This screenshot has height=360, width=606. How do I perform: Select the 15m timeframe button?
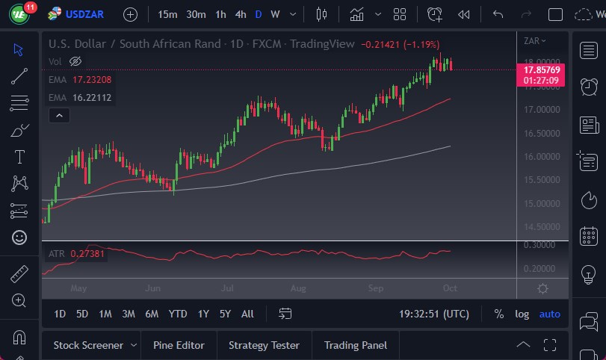pos(167,14)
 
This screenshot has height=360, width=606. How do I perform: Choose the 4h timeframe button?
pos(240,14)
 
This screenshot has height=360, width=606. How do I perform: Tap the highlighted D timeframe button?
pos(259,14)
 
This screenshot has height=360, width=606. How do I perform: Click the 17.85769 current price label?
pos(543,69)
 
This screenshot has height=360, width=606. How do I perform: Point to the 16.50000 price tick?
pos(542,133)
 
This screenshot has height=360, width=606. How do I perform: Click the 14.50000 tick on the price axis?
pos(542,227)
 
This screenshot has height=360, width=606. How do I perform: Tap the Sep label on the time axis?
pos(376,288)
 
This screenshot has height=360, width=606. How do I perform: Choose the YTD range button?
pos(178,314)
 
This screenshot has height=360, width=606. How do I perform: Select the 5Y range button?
pos(225,314)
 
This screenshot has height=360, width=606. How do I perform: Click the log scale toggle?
pos(522,314)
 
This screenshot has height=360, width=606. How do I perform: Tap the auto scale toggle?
pos(549,314)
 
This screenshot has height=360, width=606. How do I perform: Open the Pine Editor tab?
pos(179,345)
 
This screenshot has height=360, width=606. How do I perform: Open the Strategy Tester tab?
pos(264,345)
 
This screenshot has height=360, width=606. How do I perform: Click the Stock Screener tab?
pos(88,345)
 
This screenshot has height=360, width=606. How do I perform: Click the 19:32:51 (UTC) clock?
pos(434,314)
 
